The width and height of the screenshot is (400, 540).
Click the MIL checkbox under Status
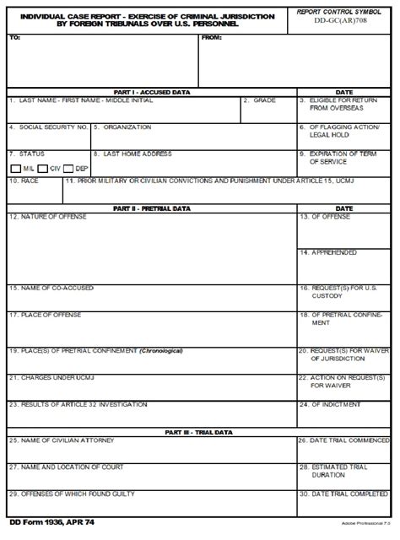(16, 169)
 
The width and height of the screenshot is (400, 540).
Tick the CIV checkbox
(42, 169)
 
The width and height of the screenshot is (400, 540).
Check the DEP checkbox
(69, 169)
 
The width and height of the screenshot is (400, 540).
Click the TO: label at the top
(14, 38)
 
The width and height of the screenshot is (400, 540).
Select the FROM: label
(213, 38)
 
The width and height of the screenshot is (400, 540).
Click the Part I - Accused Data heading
(152, 92)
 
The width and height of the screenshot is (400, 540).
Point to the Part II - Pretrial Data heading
(152, 208)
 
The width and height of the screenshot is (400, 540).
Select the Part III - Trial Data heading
(152, 432)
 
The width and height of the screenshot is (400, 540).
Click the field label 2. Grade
(261, 100)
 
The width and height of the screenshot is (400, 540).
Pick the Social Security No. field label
(48, 127)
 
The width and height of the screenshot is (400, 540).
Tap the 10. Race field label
(24, 181)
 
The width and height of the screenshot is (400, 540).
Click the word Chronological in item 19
(161, 350)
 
